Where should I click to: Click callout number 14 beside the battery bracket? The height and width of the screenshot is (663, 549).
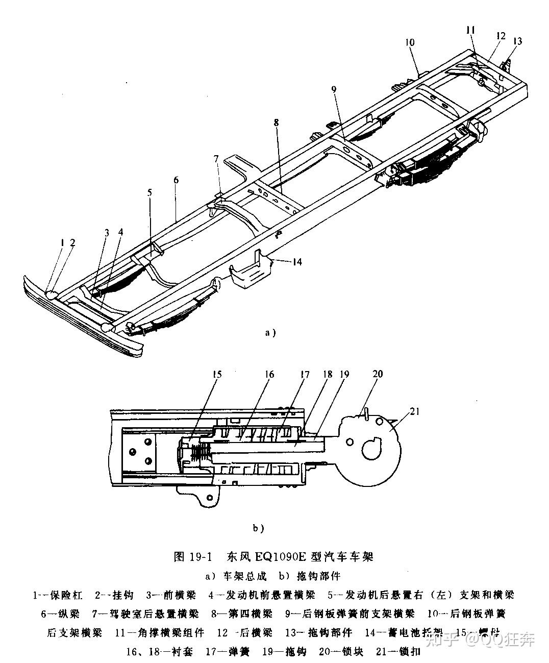(x=297, y=262)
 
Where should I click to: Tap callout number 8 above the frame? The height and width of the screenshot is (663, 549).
(x=276, y=122)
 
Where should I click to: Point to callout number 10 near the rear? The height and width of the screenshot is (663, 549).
(x=410, y=42)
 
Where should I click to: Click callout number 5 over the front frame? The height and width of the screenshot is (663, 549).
(x=149, y=192)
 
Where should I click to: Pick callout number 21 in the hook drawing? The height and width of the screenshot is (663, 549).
(x=414, y=411)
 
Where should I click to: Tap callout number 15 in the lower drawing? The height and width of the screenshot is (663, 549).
(x=217, y=375)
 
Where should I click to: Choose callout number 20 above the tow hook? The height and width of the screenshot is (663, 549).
(x=377, y=374)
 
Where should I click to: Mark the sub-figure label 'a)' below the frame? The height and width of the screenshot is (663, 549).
(x=270, y=333)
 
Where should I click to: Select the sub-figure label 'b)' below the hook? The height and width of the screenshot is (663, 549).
(x=258, y=528)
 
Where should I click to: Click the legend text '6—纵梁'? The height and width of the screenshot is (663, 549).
(x=61, y=613)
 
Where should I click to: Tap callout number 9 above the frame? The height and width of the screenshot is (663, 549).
(x=333, y=89)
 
